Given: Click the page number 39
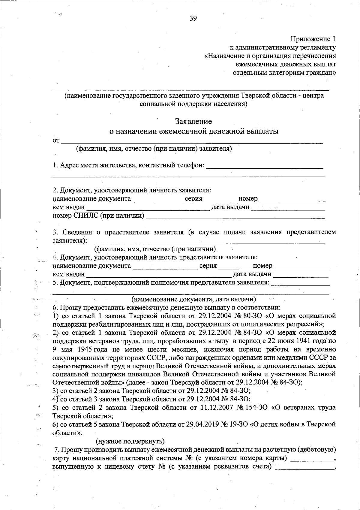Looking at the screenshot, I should [x=193, y=19].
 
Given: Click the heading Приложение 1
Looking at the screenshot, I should [x=313, y=39].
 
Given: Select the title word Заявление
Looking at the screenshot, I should [x=193, y=121].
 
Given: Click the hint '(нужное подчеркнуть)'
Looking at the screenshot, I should [x=130, y=441].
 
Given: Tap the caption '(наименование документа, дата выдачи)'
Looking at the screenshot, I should [x=193, y=299].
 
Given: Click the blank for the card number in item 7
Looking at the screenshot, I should [x=312, y=458].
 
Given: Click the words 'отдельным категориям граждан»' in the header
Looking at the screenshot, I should [x=284, y=72].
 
